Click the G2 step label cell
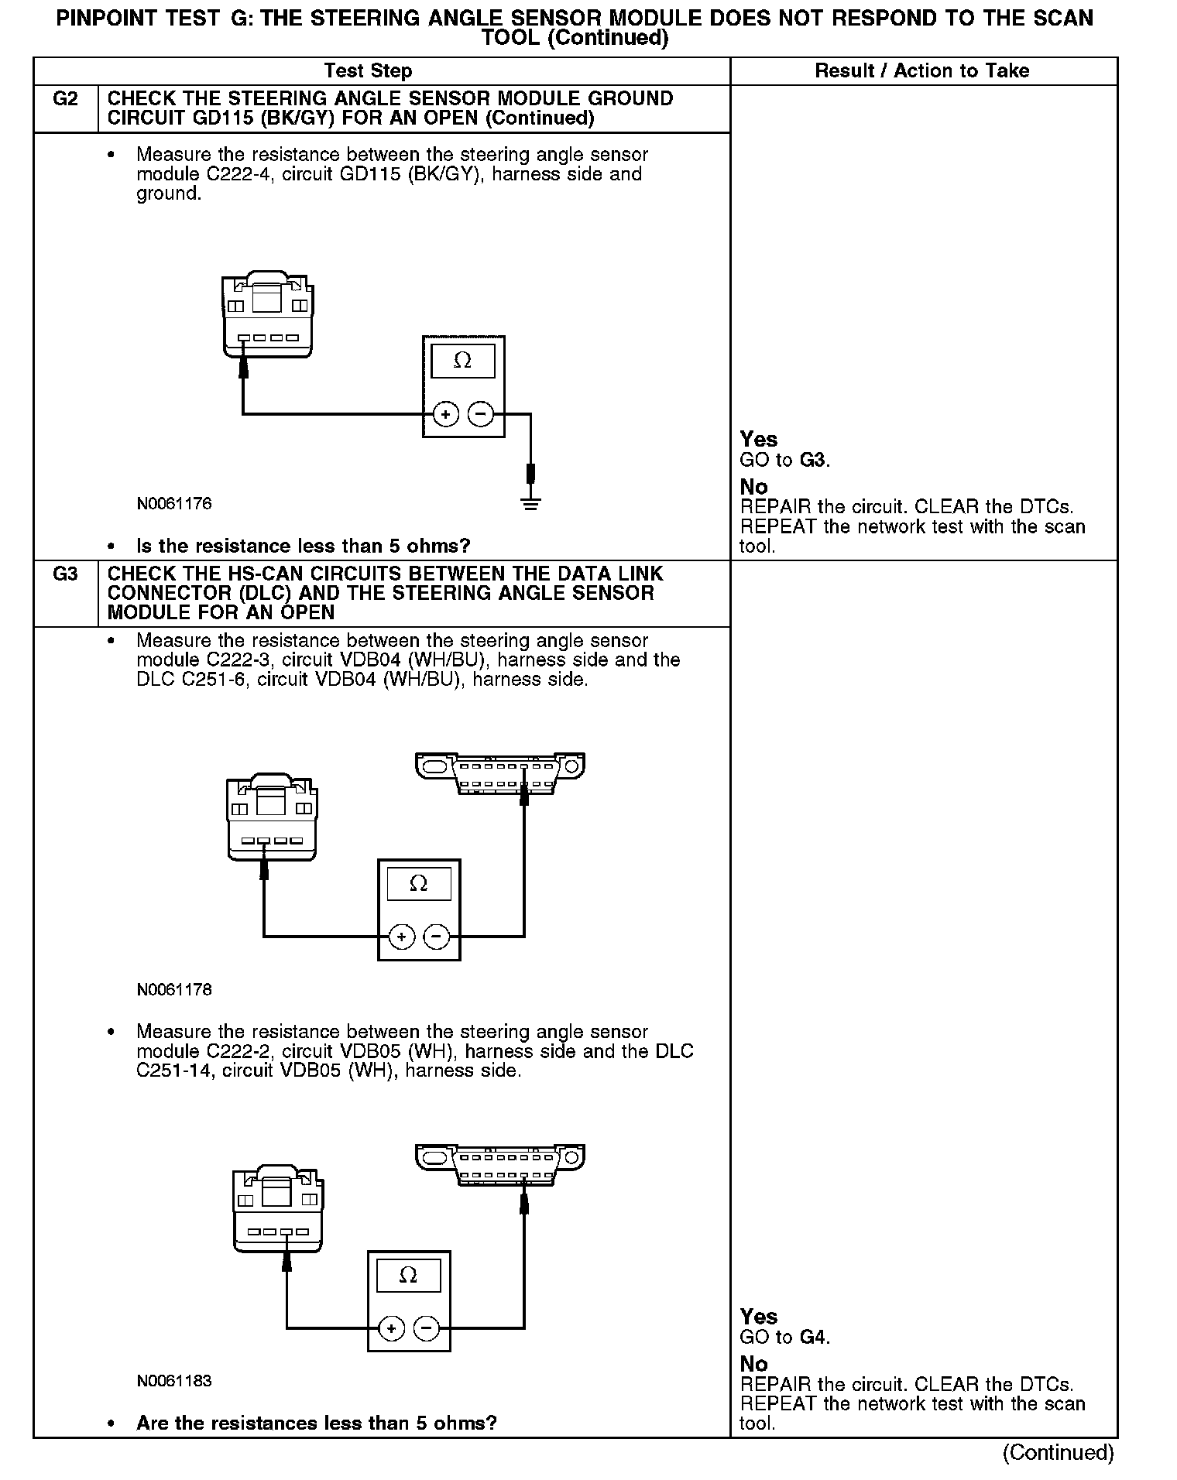tap(65, 100)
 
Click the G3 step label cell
tap(65, 574)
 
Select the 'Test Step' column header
tap(368, 71)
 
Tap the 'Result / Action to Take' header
tap(921, 71)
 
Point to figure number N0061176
tap(174, 504)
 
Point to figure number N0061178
tap(174, 989)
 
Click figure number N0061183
tap(174, 1381)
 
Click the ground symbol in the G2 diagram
tap(530, 505)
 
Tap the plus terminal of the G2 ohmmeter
tap(445, 415)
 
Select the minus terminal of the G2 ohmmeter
tap(481, 415)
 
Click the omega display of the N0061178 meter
tap(419, 883)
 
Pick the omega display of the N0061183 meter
tap(408, 1275)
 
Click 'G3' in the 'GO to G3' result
tap(813, 461)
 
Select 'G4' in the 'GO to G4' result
tap(813, 1338)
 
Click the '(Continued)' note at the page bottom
tap(1058, 1453)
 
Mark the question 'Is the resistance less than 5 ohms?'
tap(303, 546)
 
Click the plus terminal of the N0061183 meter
tap(392, 1329)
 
